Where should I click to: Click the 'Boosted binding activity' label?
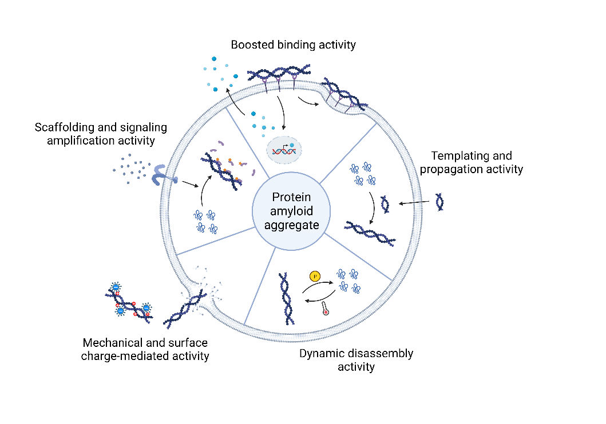click(x=293, y=45)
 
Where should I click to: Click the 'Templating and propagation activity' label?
click(x=472, y=162)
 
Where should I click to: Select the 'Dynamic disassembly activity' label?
click(x=356, y=360)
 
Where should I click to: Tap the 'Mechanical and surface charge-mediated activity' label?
click(x=145, y=350)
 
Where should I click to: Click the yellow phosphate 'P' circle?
click(x=314, y=277)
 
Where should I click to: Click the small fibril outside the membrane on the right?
click(x=439, y=202)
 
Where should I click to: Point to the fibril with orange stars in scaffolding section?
click(x=222, y=171)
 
